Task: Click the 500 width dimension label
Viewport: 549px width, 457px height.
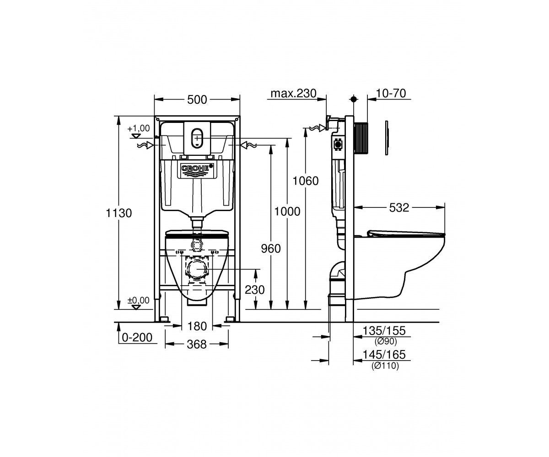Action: (197, 100)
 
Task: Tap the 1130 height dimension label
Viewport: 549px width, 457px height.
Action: (119, 213)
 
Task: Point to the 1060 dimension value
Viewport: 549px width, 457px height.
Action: (306, 181)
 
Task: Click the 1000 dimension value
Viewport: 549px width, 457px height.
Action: (287, 212)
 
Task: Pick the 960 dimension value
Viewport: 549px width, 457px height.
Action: (271, 249)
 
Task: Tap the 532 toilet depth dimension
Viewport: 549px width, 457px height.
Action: (399, 207)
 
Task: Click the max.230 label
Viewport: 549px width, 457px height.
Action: (293, 93)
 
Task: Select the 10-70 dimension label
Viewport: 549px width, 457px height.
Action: (391, 93)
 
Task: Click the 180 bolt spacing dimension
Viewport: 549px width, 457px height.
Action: (197, 326)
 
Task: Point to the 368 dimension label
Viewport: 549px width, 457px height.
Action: (197, 344)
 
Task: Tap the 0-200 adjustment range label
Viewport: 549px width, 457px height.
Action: (137, 338)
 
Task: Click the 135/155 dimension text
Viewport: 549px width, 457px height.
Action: (384, 331)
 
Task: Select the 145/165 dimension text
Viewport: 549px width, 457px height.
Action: (384, 355)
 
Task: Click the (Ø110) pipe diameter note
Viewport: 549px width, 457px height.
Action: (385, 366)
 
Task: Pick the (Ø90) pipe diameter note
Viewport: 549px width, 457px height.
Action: (386, 341)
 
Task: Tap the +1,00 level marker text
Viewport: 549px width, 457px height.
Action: (139, 128)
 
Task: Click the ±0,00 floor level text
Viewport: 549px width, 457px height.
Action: (139, 300)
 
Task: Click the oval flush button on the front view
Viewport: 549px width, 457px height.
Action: (197, 138)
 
